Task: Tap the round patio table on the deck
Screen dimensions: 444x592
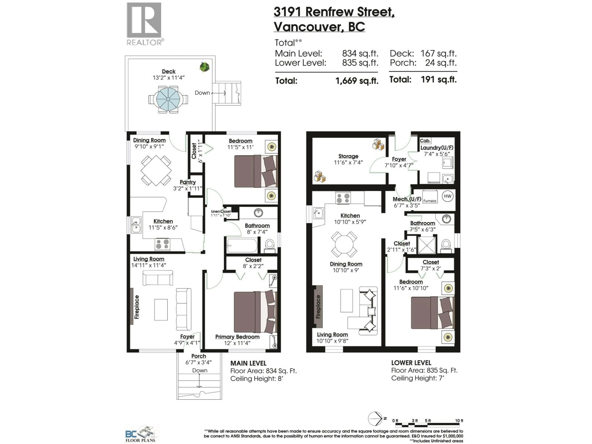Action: (168, 99)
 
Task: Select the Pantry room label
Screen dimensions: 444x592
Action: (188, 182)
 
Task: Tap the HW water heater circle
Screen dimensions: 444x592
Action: (448, 196)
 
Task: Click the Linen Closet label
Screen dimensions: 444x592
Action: (221, 211)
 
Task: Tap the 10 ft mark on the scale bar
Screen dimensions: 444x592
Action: (459, 421)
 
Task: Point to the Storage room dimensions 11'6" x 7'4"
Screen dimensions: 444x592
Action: (348, 162)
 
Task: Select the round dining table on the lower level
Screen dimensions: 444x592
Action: (344, 244)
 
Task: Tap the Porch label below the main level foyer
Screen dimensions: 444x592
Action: (199, 356)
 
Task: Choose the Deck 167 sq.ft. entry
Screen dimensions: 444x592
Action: (423, 53)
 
